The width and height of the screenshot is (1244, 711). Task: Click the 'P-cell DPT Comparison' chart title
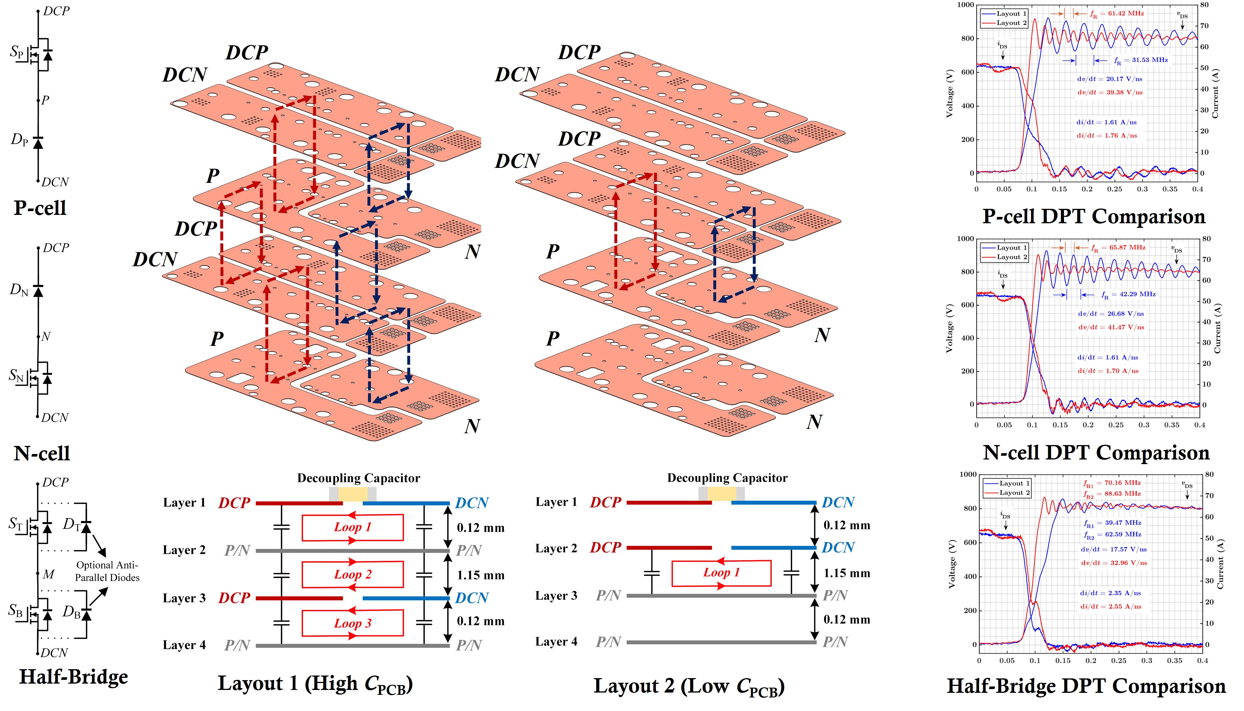click(x=1094, y=216)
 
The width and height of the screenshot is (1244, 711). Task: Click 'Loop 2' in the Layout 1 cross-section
click(x=352, y=575)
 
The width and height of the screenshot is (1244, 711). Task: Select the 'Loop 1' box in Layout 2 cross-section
click(x=721, y=573)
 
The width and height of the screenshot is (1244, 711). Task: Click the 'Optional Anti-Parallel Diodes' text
click(x=107, y=571)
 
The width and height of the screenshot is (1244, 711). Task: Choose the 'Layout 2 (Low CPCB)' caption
click(x=689, y=686)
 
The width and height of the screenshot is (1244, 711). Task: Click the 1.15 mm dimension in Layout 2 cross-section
click(x=847, y=573)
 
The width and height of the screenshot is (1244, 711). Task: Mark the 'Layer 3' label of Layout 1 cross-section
click(x=184, y=598)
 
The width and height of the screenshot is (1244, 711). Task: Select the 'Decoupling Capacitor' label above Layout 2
click(x=727, y=478)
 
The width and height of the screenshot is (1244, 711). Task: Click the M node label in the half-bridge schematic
click(x=48, y=574)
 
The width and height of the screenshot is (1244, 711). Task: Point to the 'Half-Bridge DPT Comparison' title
click(x=1086, y=686)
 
